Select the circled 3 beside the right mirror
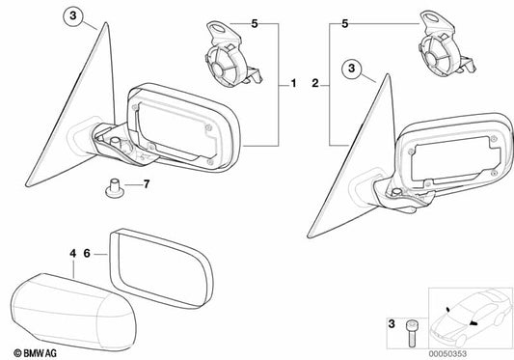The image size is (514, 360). [354, 69]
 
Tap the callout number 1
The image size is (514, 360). [292, 86]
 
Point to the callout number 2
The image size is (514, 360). [315, 86]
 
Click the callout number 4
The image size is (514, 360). [71, 254]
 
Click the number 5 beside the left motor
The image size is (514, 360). [256, 21]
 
